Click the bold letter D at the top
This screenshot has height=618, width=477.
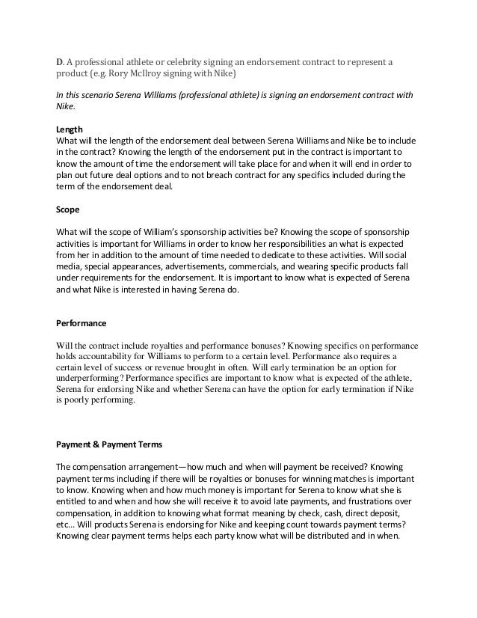pos(60,61)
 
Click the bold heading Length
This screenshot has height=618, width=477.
pos(70,129)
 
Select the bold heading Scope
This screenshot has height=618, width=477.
pos(68,209)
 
